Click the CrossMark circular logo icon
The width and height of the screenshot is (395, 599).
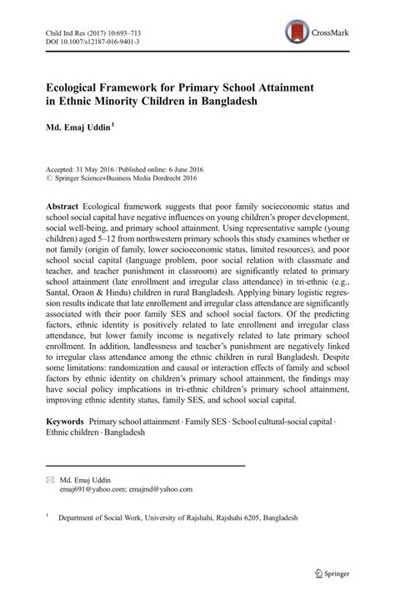tap(294, 32)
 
